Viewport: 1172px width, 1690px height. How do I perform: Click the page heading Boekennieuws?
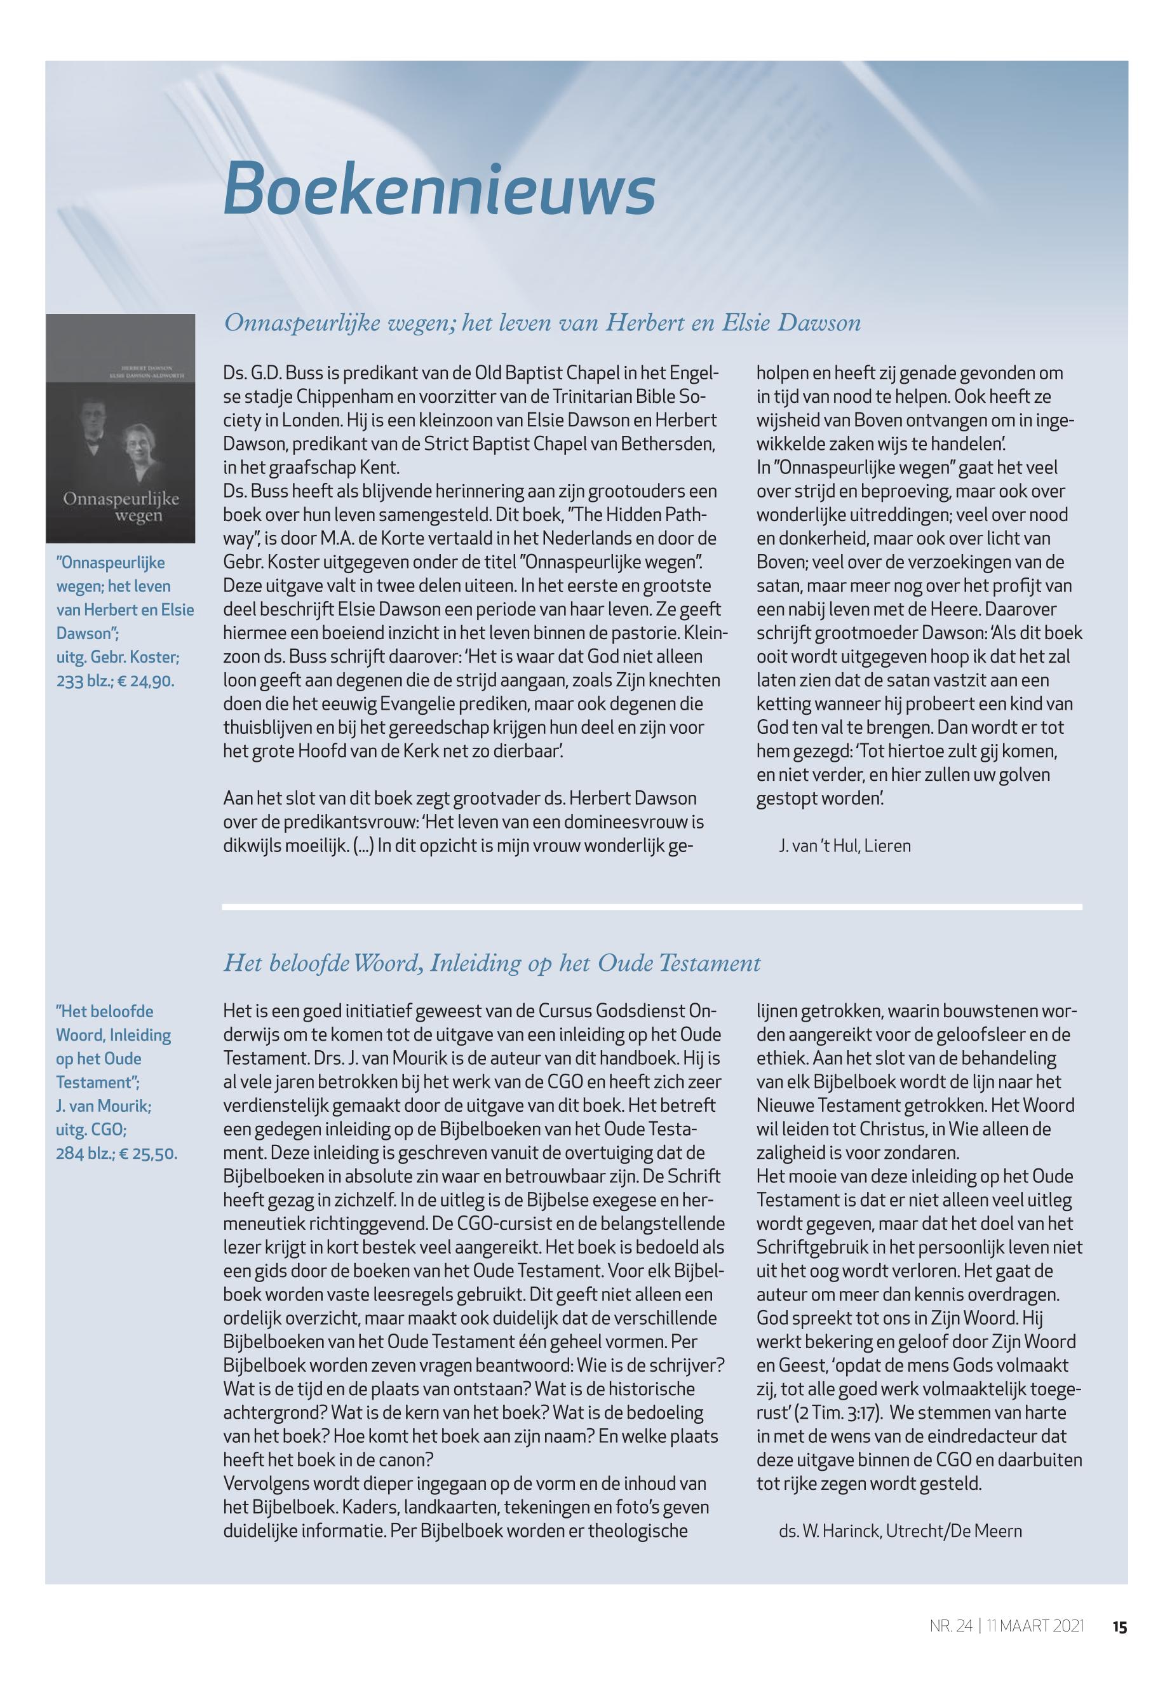[438, 189]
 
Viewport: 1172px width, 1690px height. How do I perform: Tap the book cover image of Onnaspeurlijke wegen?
[121, 428]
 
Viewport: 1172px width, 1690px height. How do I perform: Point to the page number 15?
[1119, 1627]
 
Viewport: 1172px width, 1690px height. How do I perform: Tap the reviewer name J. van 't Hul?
[818, 846]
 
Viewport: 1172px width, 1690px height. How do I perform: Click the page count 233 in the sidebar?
[71, 681]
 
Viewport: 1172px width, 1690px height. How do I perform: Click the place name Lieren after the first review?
[888, 846]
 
